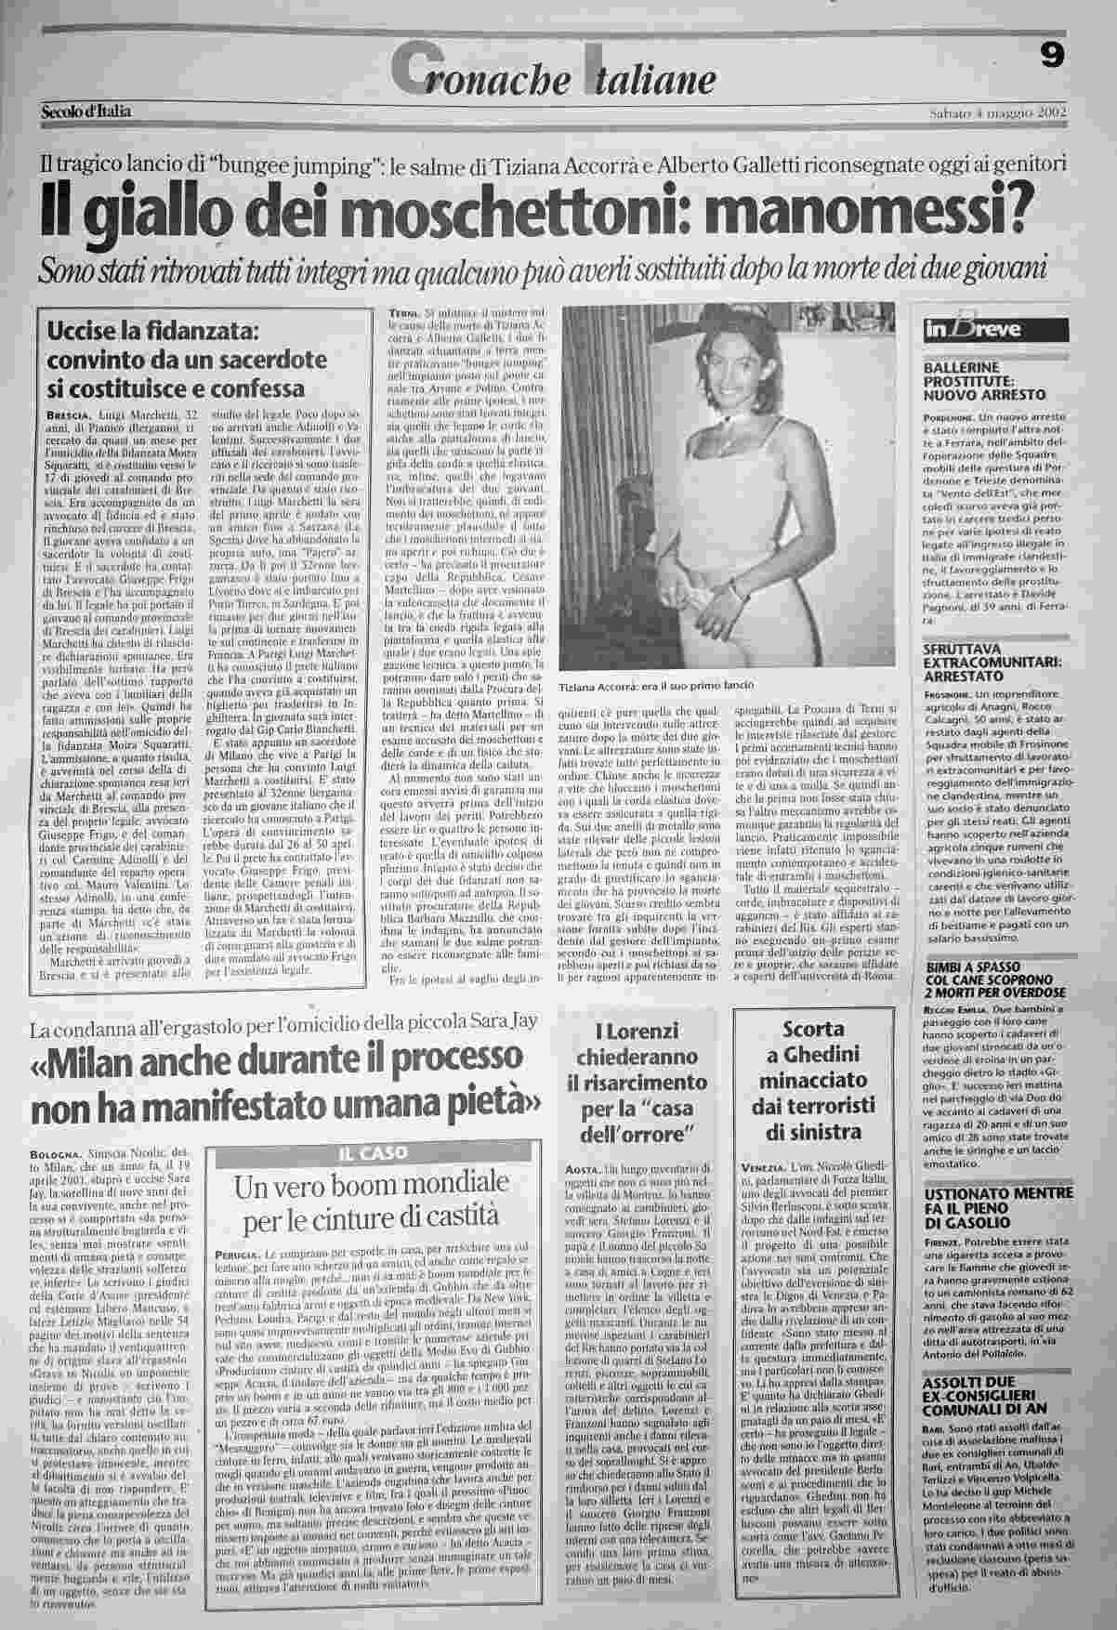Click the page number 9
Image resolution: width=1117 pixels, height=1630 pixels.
click(1052, 58)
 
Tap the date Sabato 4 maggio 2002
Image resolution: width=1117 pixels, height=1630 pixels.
click(996, 113)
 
